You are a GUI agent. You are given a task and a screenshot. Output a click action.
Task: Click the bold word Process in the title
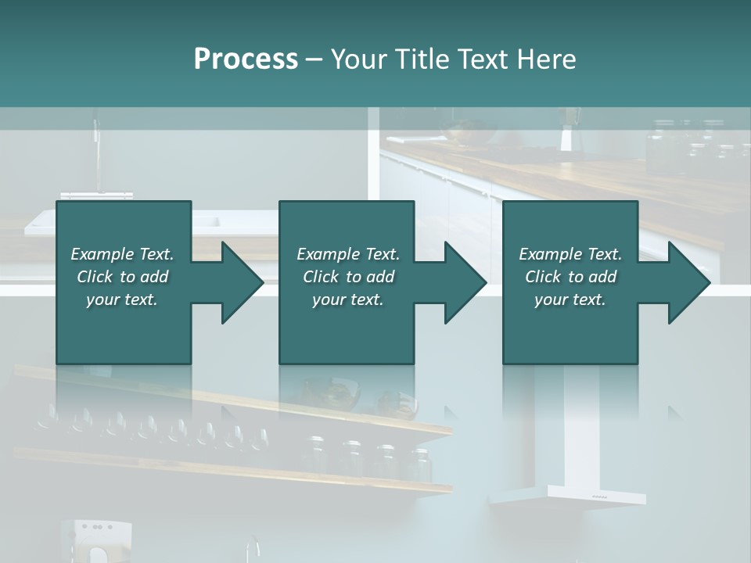click(x=246, y=59)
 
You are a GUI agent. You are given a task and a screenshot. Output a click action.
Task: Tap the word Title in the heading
click(x=421, y=59)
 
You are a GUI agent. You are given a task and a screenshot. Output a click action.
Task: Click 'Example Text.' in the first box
click(x=122, y=254)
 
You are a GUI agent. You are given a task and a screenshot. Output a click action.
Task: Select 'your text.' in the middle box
click(x=347, y=299)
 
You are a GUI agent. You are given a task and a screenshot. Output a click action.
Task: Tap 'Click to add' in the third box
click(x=570, y=277)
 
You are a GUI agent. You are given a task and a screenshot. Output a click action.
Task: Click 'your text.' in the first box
click(x=122, y=299)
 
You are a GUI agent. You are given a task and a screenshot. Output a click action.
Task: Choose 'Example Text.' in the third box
click(x=570, y=254)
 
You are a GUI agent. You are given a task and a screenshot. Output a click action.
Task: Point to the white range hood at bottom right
click(x=568, y=494)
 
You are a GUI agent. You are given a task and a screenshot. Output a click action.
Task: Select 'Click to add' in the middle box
click(x=347, y=277)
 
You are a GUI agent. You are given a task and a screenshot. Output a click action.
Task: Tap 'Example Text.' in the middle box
click(x=347, y=254)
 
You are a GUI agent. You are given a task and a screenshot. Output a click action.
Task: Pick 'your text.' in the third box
click(x=570, y=299)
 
